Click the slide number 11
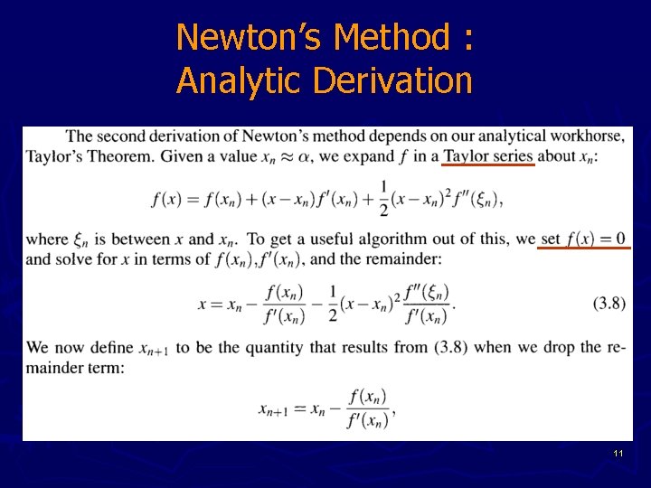click(x=618, y=452)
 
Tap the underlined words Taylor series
click(x=488, y=155)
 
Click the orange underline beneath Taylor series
click(x=488, y=165)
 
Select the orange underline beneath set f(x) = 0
click(x=583, y=249)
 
